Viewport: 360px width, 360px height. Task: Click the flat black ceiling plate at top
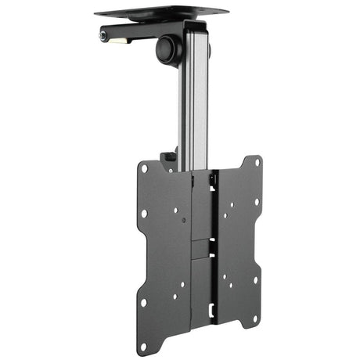[x=160, y=13]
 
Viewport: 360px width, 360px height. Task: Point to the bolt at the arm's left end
[x=102, y=36]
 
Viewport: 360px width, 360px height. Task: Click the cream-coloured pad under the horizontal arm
[x=121, y=40]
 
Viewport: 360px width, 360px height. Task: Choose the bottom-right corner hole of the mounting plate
[x=255, y=279]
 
